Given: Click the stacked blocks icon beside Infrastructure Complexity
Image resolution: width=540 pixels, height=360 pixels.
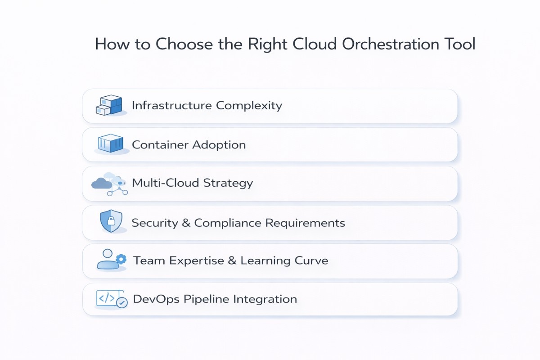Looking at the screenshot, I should click(109, 106).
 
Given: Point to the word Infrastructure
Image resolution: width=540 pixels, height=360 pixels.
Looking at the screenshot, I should click(171, 106).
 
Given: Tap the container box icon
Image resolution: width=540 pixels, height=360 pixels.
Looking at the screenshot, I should click(110, 144).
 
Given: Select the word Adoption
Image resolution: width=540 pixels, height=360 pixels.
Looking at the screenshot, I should click(219, 145).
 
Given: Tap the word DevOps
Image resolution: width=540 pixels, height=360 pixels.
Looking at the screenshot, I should click(156, 299).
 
